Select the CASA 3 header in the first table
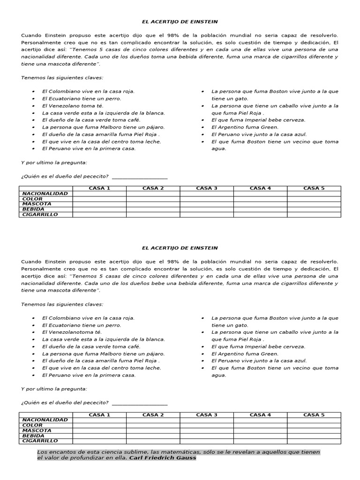pyautogui.click(x=206, y=188)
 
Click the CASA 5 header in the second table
pyautogui.click(x=314, y=415)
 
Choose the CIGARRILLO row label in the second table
pyautogui.click(x=40, y=441)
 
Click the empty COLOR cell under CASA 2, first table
pyautogui.click(x=153, y=199)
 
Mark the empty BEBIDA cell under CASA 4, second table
pyautogui.click(x=260, y=435)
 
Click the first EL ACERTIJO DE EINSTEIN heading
pyautogui.click(x=180, y=22)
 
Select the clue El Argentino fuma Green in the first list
pyautogui.click(x=245, y=127)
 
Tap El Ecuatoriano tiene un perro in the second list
pyautogui.click(x=82, y=325)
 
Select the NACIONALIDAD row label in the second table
pyautogui.click(x=45, y=420)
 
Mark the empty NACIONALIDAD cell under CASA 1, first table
pyautogui.click(x=99, y=194)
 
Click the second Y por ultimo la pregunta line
pyautogui.click(x=54, y=389)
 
